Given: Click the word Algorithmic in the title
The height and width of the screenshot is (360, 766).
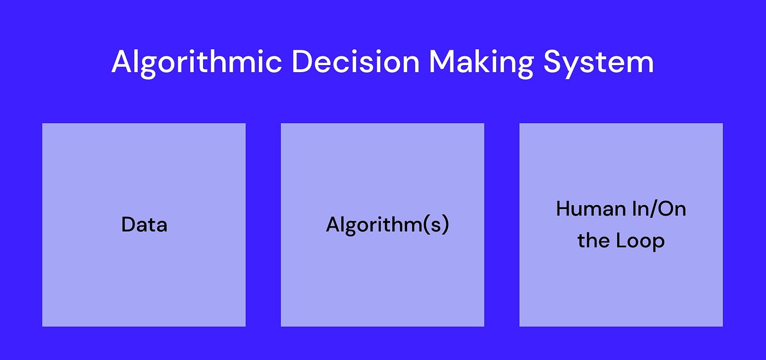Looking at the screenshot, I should [197, 62].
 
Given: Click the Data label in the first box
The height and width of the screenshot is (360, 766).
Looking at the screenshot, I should [144, 225].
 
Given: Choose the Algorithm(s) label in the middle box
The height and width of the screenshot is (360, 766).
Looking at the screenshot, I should [387, 225].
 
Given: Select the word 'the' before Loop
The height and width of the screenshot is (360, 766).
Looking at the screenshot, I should [593, 241].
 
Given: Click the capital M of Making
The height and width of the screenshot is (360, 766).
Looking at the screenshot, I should [442, 62].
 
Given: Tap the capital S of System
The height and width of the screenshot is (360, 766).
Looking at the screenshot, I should [553, 62].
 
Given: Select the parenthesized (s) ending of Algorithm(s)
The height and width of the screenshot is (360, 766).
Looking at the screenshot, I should [438, 225].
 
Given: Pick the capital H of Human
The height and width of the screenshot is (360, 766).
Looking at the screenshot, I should [564, 208].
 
